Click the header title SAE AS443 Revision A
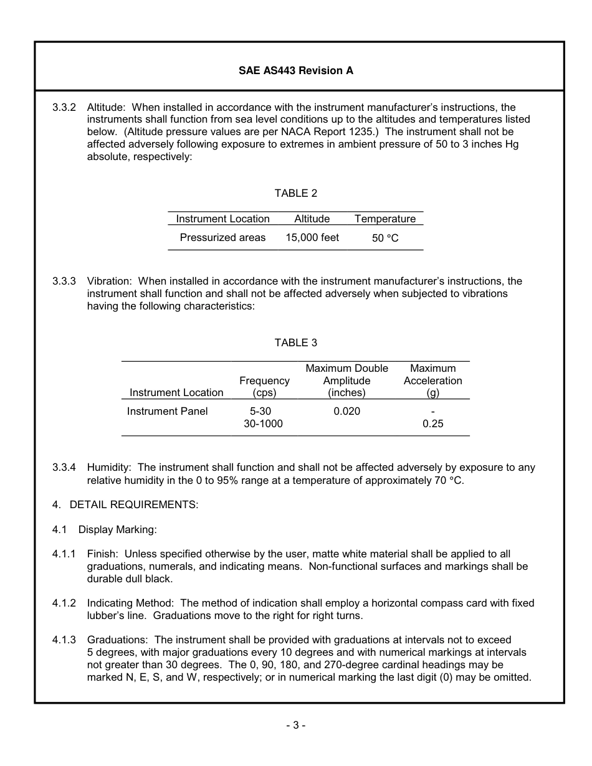pyautogui.click(x=295, y=70)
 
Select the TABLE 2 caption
pyautogui.click(x=295, y=193)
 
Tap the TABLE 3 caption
pyautogui.click(x=295, y=343)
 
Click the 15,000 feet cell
pyautogui.click(x=312, y=237)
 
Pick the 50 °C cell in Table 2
pyautogui.click(x=385, y=238)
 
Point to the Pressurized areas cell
pyautogui.click(x=222, y=237)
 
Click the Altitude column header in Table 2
pyautogui.click(x=312, y=219)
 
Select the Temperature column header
pyautogui.click(x=385, y=219)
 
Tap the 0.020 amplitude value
pyautogui.click(x=346, y=411)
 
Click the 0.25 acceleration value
pyautogui.click(x=432, y=423)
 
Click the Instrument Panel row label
pyautogui.click(x=168, y=411)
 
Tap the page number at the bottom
pyautogui.click(x=295, y=725)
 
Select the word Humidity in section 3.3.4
pyautogui.click(x=109, y=467)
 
